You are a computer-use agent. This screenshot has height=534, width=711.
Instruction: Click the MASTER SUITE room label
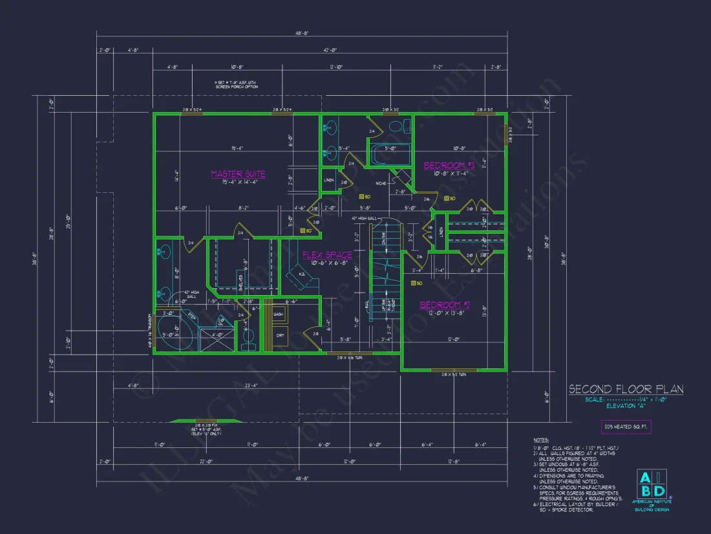(238, 174)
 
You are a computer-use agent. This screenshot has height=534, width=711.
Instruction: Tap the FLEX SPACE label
(328, 255)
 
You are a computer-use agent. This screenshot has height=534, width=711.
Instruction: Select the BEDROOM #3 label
(449, 166)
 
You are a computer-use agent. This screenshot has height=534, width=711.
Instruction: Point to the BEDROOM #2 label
(445, 305)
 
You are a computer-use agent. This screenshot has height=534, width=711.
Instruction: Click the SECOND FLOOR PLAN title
(625, 389)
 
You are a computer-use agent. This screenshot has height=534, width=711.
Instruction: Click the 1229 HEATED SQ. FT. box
(626, 427)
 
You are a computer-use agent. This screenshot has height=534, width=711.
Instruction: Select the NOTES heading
(542, 440)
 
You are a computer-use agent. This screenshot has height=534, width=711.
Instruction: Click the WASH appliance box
(279, 314)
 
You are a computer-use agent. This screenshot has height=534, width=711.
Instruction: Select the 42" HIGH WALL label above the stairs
(363, 219)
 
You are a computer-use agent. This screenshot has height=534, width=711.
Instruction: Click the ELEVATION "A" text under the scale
(625, 406)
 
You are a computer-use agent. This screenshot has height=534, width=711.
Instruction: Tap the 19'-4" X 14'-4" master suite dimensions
(238, 183)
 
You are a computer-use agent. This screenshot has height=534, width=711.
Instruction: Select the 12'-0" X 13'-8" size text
(445, 313)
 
